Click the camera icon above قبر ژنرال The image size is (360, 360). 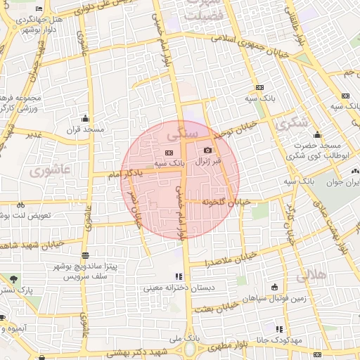(x=207, y=150)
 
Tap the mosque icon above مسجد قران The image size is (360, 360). (x=86, y=118)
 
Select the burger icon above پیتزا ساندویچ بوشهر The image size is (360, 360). (x=85, y=255)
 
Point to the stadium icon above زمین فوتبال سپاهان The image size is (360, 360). (x=274, y=287)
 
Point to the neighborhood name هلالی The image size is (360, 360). (x=312, y=276)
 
